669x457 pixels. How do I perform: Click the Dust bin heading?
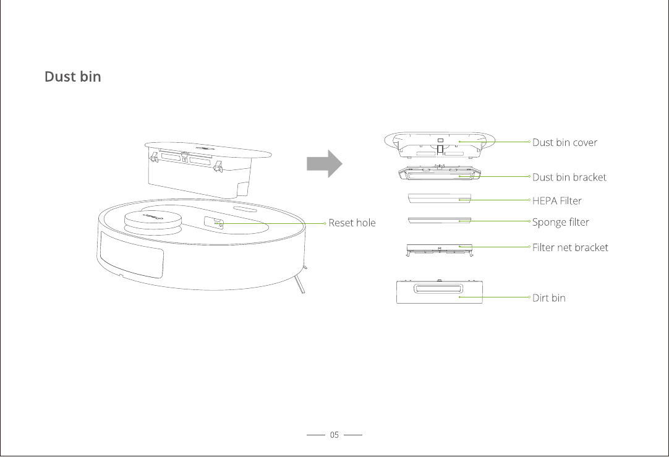[72, 77]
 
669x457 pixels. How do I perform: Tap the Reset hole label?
[352, 223]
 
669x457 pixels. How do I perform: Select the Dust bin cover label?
[565, 142]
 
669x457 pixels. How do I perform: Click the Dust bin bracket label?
[569, 177]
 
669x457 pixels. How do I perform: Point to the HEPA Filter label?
[556, 200]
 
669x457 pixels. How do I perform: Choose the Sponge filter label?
[560, 222]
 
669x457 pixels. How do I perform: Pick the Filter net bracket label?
[570, 247]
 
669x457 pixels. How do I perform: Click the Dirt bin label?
[548, 297]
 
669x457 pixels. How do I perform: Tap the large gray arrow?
[324, 164]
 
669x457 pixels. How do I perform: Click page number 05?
[334, 435]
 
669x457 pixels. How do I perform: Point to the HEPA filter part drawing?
[440, 198]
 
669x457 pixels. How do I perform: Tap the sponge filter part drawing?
[440, 220]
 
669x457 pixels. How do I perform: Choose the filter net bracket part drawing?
[440, 249]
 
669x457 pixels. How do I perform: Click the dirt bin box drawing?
[439, 292]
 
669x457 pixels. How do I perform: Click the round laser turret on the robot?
[154, 220]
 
